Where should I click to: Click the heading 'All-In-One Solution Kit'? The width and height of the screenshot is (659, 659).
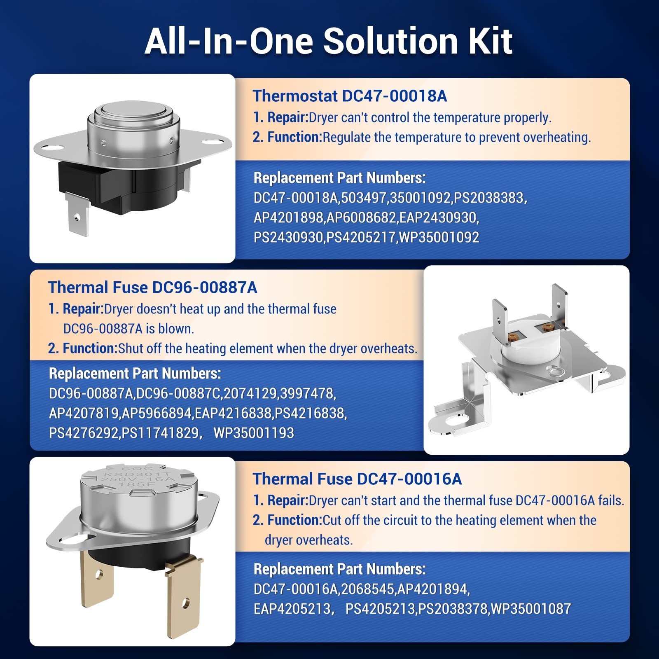329,41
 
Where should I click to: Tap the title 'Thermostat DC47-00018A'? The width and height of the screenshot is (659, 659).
350,96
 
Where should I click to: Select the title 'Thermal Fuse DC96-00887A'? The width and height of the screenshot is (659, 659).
152,287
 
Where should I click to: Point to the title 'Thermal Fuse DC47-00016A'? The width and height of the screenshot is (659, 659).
357,479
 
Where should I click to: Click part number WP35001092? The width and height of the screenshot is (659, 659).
439,237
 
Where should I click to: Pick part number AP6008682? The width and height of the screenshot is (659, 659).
361,217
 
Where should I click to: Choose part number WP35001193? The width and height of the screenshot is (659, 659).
254,433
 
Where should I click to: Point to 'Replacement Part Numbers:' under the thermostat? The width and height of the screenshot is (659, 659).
340,178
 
